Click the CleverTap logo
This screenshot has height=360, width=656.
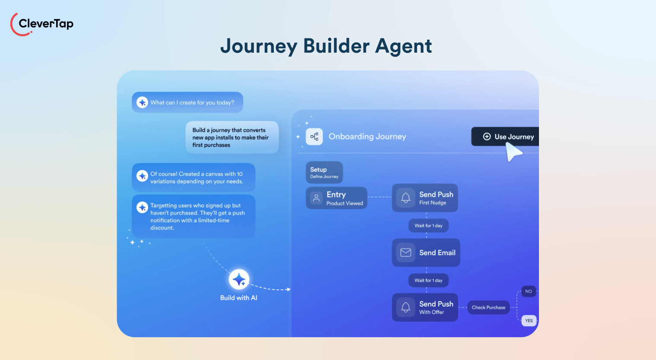42,24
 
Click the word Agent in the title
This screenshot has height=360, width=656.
404,46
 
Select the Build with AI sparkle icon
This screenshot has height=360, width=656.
239,280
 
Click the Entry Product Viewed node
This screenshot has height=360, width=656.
336,198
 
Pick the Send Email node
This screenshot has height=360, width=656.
426,253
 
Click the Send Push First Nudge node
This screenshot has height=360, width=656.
425,198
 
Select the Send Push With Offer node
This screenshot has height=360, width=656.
425,307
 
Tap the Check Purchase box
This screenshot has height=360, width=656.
488,307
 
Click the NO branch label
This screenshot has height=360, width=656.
529,291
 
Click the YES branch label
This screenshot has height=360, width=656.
529,321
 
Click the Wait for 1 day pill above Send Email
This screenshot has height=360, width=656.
428,226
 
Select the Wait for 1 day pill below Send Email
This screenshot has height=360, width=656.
428,281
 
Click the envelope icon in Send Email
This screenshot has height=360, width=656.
406,253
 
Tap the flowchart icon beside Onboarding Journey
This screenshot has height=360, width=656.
314,137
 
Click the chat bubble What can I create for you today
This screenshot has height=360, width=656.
187,102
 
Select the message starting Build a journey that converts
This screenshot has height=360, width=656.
232,137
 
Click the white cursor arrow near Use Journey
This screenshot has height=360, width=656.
513,152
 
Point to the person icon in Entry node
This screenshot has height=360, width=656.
317,198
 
